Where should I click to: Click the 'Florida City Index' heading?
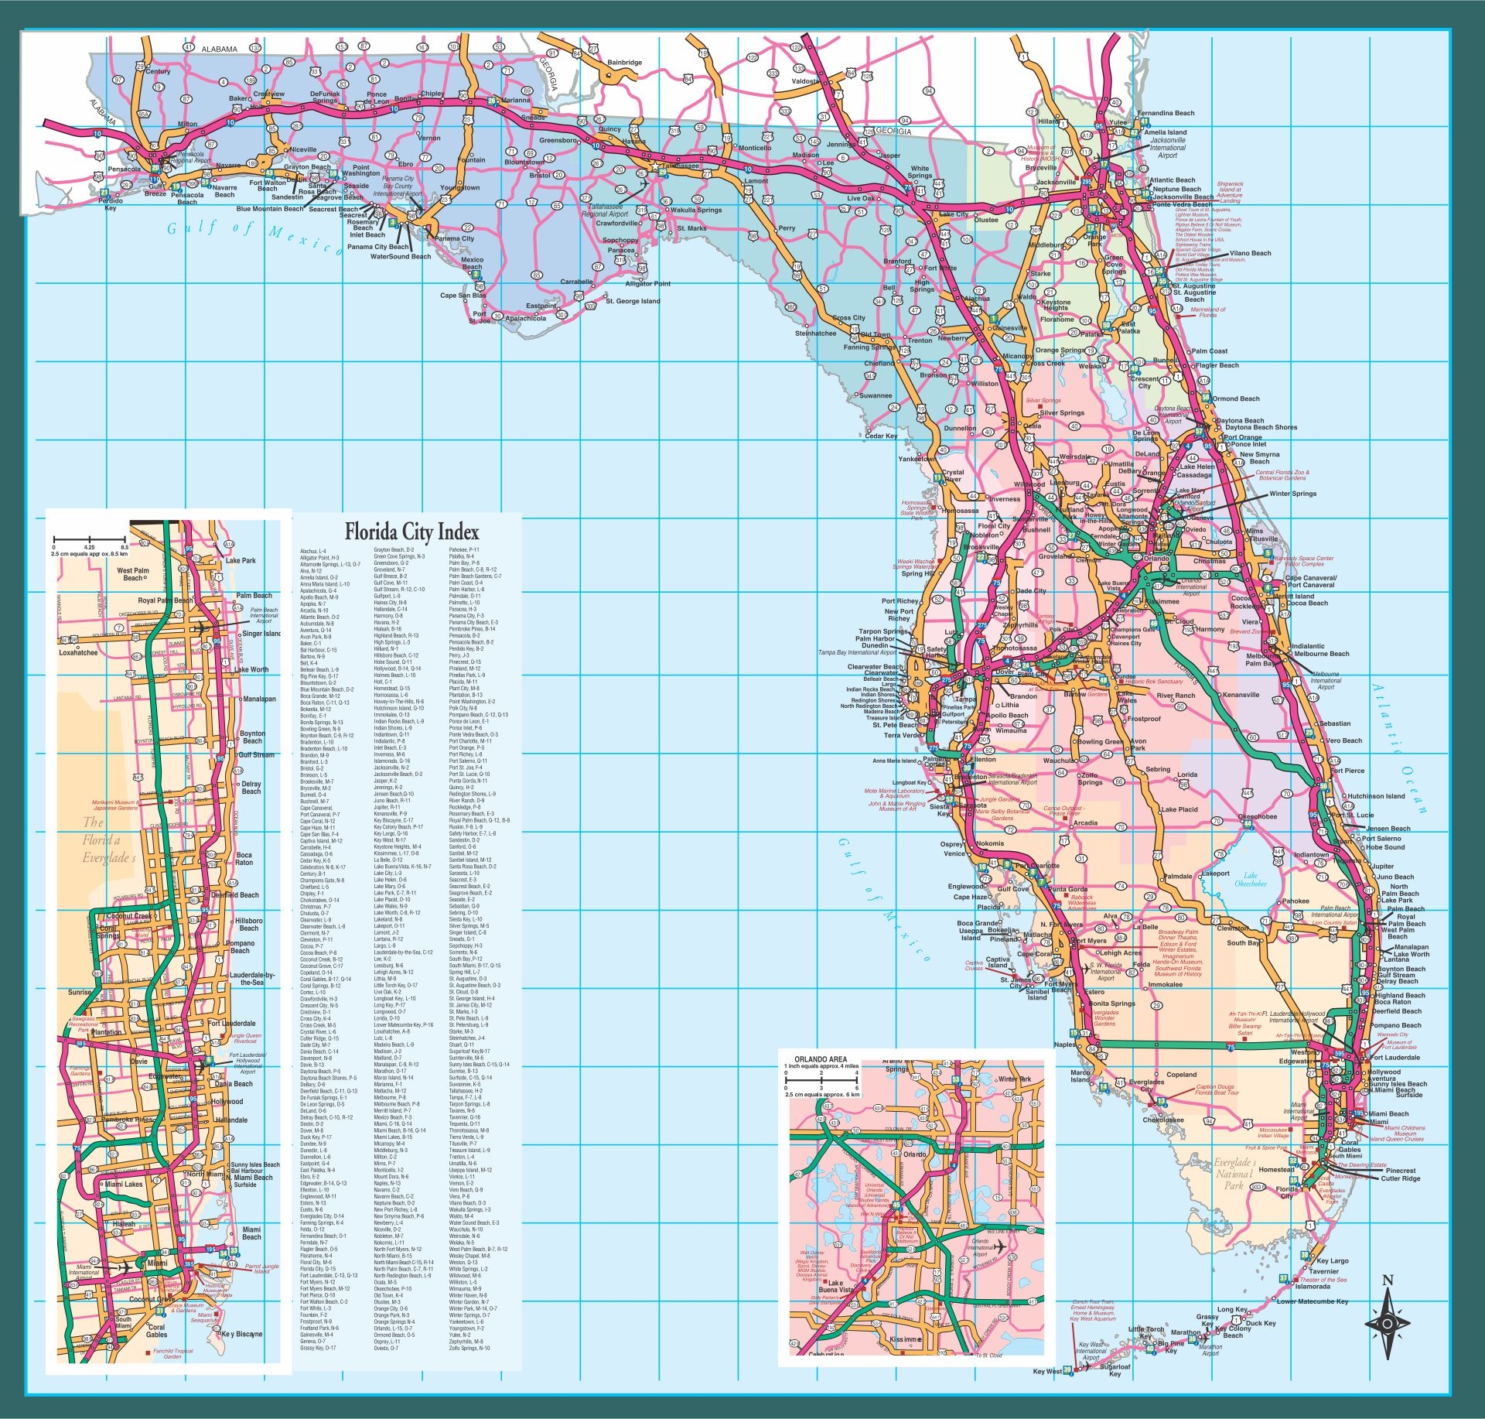411,532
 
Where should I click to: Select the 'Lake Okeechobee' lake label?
1251,880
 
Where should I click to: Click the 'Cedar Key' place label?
880,436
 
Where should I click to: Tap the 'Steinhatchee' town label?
815,333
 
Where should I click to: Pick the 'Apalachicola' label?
525,318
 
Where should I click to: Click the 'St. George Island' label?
633,301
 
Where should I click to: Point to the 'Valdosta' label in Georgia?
804,81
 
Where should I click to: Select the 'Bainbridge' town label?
624,63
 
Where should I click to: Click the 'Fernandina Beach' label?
1166,113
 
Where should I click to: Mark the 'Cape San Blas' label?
463,296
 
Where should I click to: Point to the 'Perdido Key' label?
111,204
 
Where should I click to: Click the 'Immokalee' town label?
1165,985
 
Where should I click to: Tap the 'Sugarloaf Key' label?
1115,1370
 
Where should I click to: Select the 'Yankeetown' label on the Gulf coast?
917,458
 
